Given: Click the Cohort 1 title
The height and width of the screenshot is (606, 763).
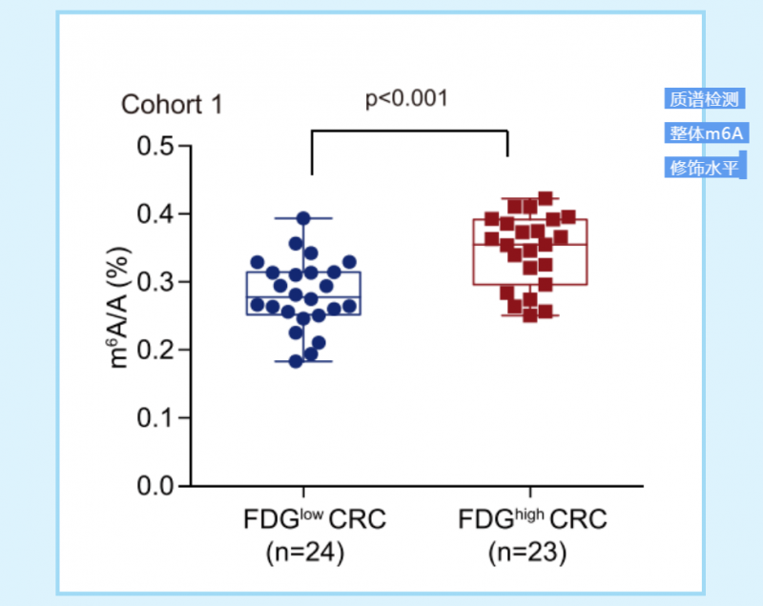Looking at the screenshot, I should (x=172, y=104).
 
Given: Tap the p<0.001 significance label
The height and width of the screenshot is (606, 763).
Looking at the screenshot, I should (x=406, y=98).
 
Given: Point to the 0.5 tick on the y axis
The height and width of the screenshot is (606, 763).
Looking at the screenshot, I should (x=157, y=147).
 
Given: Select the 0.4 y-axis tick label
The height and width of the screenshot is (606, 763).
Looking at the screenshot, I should (x=157, y=214).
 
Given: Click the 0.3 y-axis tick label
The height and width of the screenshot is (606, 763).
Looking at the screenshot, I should (x=157, y=282).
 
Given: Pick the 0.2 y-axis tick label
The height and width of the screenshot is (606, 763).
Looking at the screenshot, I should (x=157, y=350).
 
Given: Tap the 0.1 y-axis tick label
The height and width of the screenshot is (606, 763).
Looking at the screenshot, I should (x=157, y=418).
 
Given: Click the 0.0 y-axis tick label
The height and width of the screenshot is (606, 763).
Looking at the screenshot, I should (x=157, y=486).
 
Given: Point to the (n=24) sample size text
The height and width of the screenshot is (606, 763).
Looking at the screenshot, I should (x=304, y=552).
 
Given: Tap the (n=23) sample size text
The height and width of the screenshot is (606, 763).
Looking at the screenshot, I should (x=527, y=552).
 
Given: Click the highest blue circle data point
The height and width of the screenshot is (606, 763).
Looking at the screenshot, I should (x=304, y=218).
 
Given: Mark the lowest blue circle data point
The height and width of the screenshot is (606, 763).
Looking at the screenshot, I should (x=296, y=361).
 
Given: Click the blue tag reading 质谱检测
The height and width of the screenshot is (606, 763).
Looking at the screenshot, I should (x=704, y=99).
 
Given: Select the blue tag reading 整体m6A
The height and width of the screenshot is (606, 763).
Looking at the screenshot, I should (x=706, y=133).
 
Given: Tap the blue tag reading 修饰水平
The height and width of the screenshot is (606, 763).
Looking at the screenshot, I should (x=704, y=168).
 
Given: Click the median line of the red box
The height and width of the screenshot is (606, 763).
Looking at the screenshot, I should (x=529, y=245).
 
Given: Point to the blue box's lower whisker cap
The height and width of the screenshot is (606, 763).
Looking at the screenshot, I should (x=304, y=362).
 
